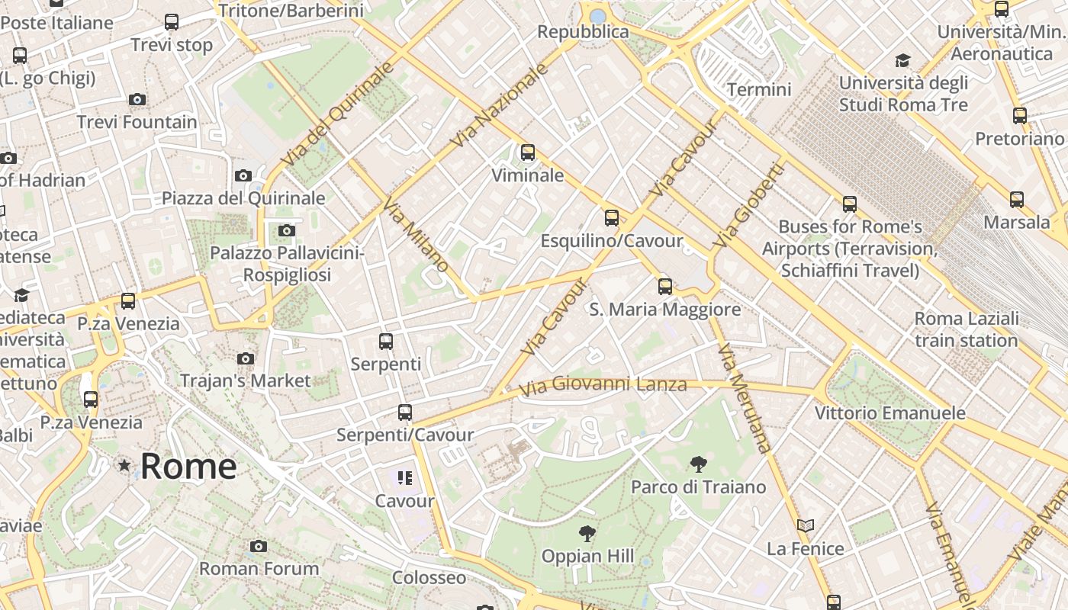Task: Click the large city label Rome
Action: (188, 466)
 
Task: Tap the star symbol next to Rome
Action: (124, 464)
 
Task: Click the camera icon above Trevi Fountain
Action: (137, 99)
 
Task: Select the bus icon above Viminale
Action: (527, 152)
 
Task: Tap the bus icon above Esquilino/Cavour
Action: (612, 218)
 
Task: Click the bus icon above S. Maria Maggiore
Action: (665, 287)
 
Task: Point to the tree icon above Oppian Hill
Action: (587, 533)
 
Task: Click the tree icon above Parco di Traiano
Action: (698, 464)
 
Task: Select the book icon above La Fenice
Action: (806, 525)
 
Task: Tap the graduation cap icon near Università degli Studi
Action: (902, 60)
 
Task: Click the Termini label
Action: (759, 89)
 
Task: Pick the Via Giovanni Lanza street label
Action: (603, 386)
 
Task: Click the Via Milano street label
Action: (416, 235)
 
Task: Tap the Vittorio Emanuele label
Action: (890, 413)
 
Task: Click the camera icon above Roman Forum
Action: (259, 546)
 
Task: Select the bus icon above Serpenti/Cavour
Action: (405, 413)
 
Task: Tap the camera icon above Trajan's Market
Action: (246, 358)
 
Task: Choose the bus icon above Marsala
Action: (1017, 200)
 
